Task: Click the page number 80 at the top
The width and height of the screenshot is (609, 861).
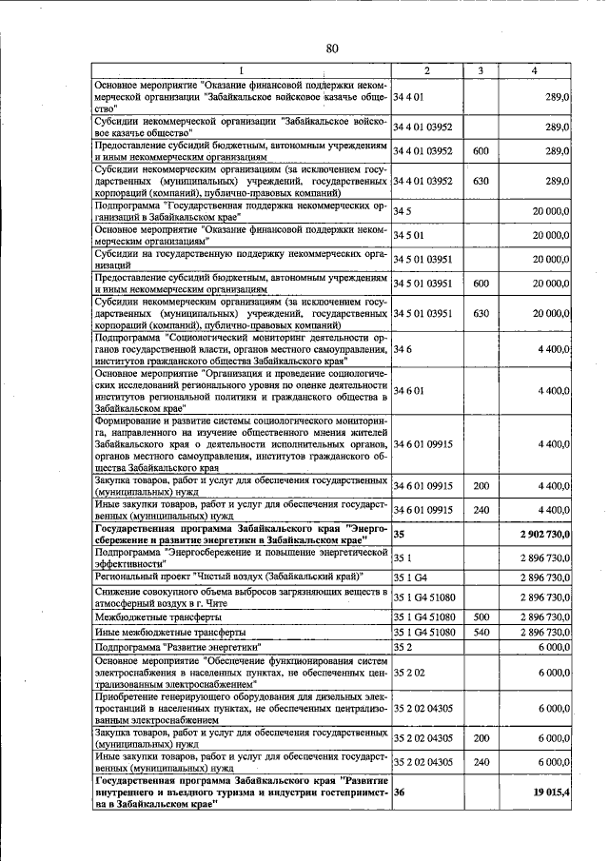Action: (332, 49)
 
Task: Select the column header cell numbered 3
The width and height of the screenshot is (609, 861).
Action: (481, 70)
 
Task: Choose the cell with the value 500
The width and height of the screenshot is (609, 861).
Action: (481, 616)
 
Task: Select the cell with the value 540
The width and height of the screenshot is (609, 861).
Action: (481, 632)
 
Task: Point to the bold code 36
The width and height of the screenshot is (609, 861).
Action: (400, 792)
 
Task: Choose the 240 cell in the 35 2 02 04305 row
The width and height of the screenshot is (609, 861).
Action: (481, 761)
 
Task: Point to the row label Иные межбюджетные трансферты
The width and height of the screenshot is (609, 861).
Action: (171, 632)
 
